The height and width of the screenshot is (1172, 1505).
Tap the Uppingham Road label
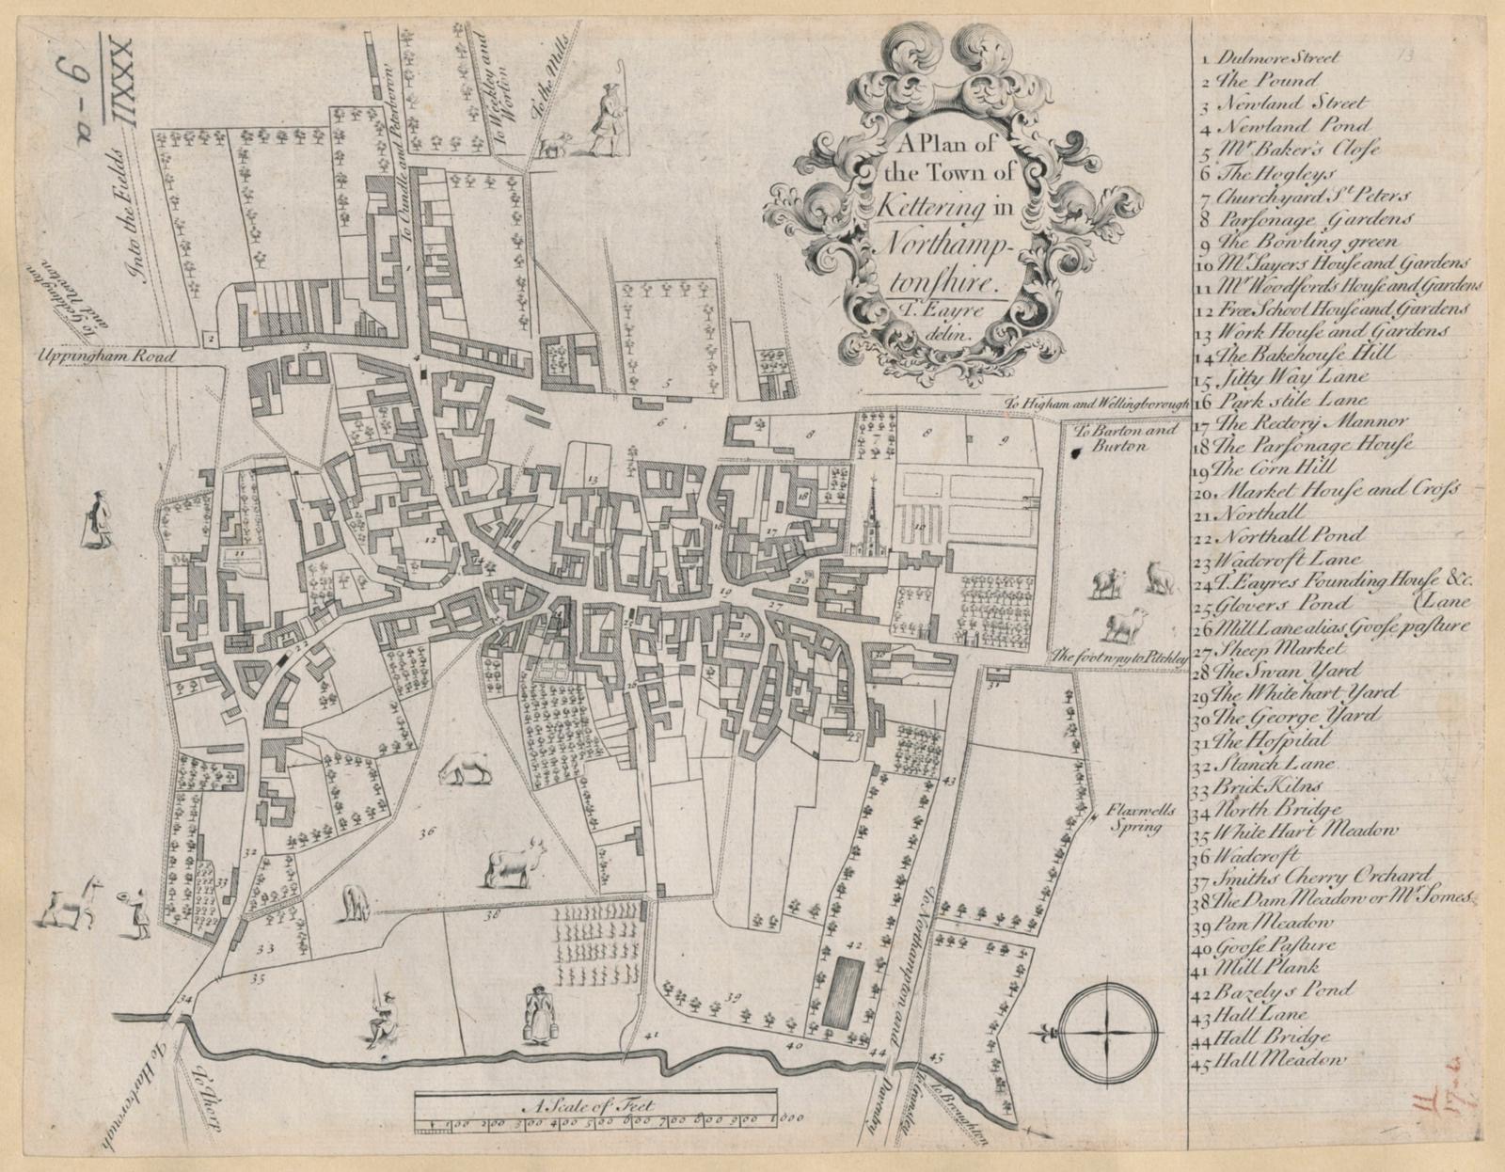88,356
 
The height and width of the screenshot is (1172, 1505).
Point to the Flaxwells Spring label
1136,822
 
